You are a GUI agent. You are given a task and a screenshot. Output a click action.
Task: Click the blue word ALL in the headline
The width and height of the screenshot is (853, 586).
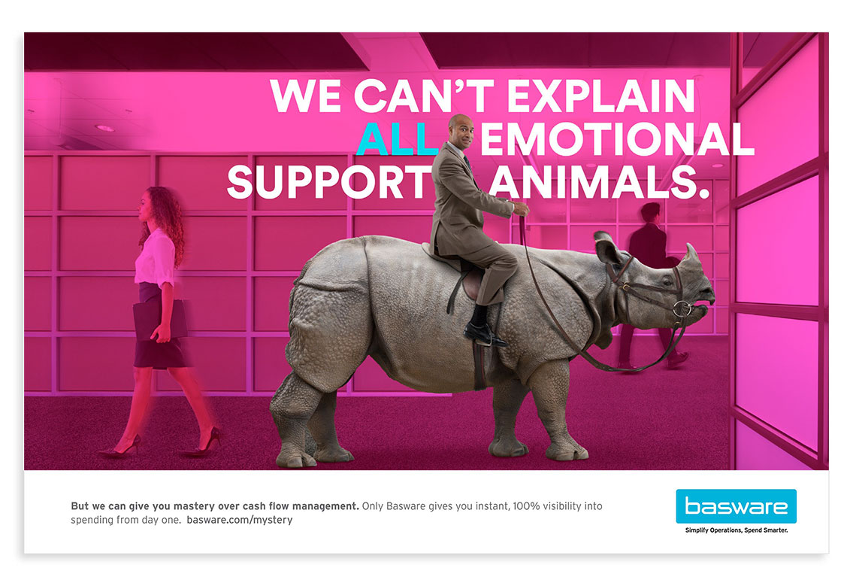click(398, 138)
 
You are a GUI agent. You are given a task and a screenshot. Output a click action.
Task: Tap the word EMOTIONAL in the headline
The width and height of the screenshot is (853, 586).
click(618, 138)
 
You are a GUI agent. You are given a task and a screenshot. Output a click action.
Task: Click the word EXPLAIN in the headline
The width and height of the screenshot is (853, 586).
click(601, 96)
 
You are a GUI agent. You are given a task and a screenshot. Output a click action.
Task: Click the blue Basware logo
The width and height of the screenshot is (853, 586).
click(736, 506)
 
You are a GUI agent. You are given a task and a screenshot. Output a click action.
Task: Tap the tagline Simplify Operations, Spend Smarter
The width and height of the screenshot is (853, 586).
click(736, 530)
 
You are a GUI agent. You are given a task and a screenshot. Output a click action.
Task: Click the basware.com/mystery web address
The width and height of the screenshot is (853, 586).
click(239, 520)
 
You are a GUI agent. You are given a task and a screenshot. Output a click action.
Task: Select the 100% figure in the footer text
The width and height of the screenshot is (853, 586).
click(527, 506)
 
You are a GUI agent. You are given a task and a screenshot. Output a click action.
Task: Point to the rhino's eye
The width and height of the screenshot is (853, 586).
click(667, 281)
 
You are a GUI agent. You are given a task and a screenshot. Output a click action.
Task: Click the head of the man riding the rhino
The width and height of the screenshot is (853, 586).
click(460, 131)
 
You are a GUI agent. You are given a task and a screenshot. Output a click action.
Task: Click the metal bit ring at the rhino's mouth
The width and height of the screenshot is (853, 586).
click(682, 309)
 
